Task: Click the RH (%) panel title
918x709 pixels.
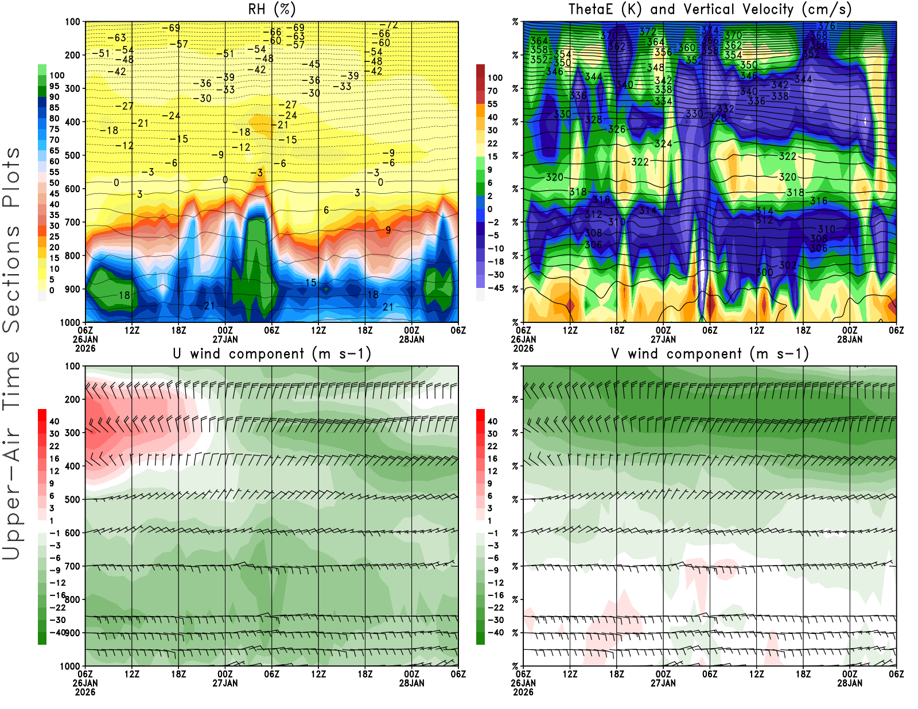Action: (x=271, y=9)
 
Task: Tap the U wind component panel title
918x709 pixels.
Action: (x=271, y=354)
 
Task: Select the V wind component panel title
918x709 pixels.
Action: (x=710, y=354)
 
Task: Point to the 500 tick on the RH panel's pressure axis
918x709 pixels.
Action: (x=72, y=155)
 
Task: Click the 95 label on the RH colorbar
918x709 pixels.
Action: (x=54, y=86)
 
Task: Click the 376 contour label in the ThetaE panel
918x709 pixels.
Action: (x=826, y=26)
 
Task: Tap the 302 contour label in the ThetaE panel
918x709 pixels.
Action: (x=788, y=266)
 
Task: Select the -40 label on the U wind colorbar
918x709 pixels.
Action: (x=57, y=632)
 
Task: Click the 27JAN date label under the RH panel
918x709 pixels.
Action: (x=225, y=339)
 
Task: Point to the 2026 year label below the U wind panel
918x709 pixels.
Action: (x=85, y=692)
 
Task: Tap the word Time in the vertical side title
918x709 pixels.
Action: (x=11, y=381)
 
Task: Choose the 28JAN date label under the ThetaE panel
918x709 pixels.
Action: (x=850, y=339)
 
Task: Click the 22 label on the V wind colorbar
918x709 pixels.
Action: (x=492, y=446)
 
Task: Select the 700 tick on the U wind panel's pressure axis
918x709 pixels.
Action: (x=72, y=566)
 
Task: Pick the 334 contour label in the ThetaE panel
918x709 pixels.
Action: (x=663, y=102)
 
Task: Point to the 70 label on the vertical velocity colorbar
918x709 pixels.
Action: (x=492, y=91)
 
